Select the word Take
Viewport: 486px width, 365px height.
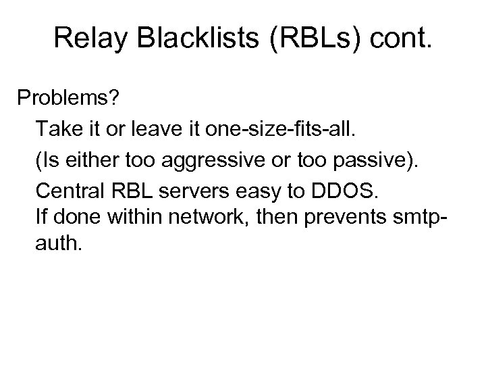click(x=59, y=128)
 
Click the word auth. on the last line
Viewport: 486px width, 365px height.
click(x=59, y=243)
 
